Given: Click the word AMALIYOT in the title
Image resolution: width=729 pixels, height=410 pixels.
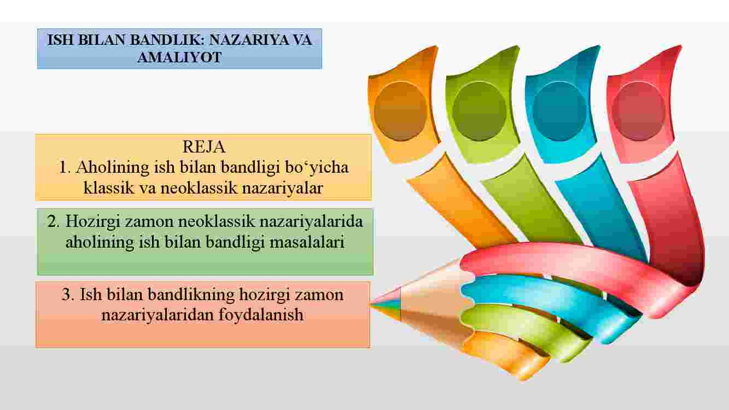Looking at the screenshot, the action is [179, 57].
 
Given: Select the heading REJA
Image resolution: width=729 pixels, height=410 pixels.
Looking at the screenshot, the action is [204, 147].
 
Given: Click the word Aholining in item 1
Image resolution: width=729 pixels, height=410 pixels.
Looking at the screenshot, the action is [113, 168].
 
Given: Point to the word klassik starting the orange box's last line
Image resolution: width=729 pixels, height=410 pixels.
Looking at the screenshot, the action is [109, 188].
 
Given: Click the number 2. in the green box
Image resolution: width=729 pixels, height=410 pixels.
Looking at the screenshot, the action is [54, 221].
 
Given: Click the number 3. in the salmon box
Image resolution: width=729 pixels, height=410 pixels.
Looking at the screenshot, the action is [68, 295].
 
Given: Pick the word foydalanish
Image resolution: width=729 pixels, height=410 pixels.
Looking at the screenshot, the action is [261, 315].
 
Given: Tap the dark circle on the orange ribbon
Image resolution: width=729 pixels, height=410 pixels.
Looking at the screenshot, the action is [400, 112].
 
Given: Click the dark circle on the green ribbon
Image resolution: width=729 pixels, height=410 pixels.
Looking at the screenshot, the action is [480, 112].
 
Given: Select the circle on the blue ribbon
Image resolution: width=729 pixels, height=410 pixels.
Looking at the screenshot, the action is [559, 112].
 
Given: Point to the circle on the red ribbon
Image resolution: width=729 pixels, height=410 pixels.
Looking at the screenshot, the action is [639, 112].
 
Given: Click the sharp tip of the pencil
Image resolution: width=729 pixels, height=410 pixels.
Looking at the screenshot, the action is [370, 304].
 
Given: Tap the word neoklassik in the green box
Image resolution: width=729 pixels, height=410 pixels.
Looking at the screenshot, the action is [217, 221].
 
